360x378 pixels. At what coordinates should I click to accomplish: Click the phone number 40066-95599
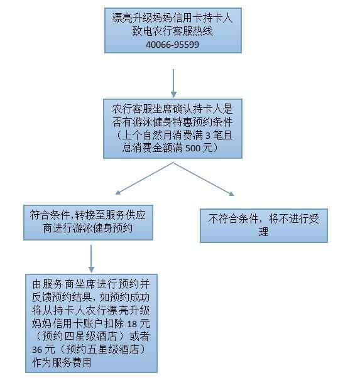click(x=173, y=45)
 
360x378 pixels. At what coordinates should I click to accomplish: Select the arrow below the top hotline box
click(x=173, y=84)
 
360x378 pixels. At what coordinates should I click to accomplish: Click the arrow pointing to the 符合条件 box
click(x=145, y=178)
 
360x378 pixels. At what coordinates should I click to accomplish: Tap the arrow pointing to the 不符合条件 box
click(x=204, y=179)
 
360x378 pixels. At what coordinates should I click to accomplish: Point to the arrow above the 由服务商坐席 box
click(x=91, y=259)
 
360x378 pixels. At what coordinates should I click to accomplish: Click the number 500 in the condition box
click(x=192, y=148)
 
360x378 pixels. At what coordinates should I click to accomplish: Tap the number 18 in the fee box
click(x=132, y=324)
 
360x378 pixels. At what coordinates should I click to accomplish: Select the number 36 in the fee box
click(x=37, y=350)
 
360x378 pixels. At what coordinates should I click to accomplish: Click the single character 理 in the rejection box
click(x=263, y=232)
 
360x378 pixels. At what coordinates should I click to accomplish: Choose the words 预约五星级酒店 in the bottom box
click(x=102, y=350)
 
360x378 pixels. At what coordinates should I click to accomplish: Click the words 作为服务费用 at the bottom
click(x=62, y=362)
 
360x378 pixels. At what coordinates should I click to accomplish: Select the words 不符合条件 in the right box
click(x=233, y=219)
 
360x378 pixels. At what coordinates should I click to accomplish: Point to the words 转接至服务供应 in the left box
click(x=111, y=215)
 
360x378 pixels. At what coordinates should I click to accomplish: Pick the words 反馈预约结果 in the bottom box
click(x=62, y=298)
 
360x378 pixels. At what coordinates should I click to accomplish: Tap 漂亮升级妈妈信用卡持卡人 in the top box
click(x=173, y=18)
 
